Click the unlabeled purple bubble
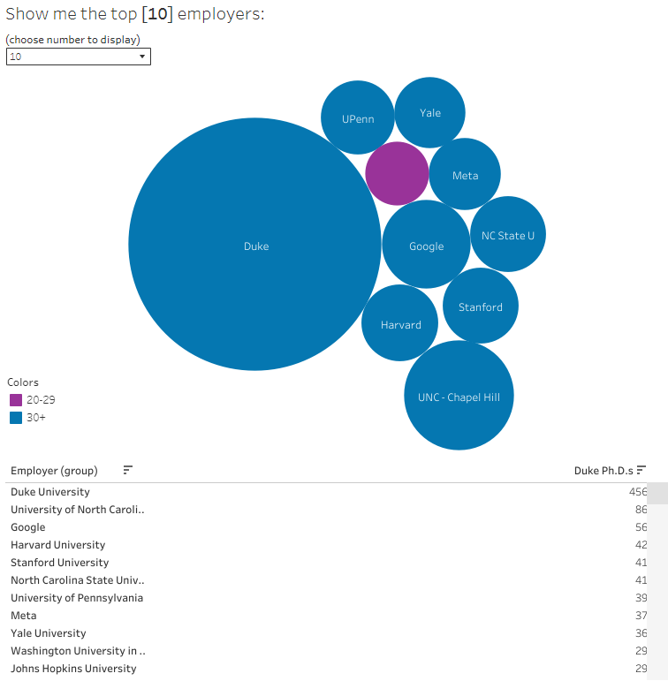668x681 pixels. click(397, 173)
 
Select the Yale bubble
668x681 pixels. click(430, 112)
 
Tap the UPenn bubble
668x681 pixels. click(358, 118)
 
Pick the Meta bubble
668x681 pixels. click(465, 175)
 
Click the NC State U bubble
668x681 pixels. click(508, 235)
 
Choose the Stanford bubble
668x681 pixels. click(480, 306)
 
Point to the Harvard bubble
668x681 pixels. click(400, 323)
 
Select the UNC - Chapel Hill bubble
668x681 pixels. click(459, 397)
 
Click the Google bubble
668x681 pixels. click(426, 246)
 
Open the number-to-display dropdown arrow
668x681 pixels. click(142, 57)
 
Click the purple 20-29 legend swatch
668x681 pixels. click(16, 399)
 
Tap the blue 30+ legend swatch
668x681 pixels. click(16, 417)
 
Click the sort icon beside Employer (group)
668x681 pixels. click(128, 470)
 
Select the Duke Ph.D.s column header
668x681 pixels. click(603, 470)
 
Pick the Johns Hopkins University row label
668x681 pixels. click(73, 669)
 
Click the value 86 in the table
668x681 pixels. click(641, 510)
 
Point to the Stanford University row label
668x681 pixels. click(59, 563)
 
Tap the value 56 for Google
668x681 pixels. click(641, 527)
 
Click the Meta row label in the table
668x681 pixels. click(24, 616)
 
